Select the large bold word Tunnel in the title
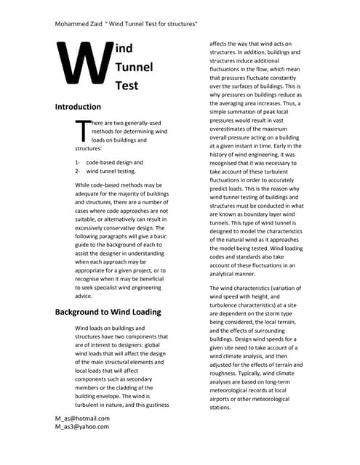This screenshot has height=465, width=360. (x=135, y=68)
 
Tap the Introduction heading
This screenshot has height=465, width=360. (x=84, y=107)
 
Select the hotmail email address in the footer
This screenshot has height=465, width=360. (x=82, y=418)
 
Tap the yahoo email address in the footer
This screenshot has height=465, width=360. (x=81, y=427)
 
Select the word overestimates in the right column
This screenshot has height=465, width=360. (x=230, y=128)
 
